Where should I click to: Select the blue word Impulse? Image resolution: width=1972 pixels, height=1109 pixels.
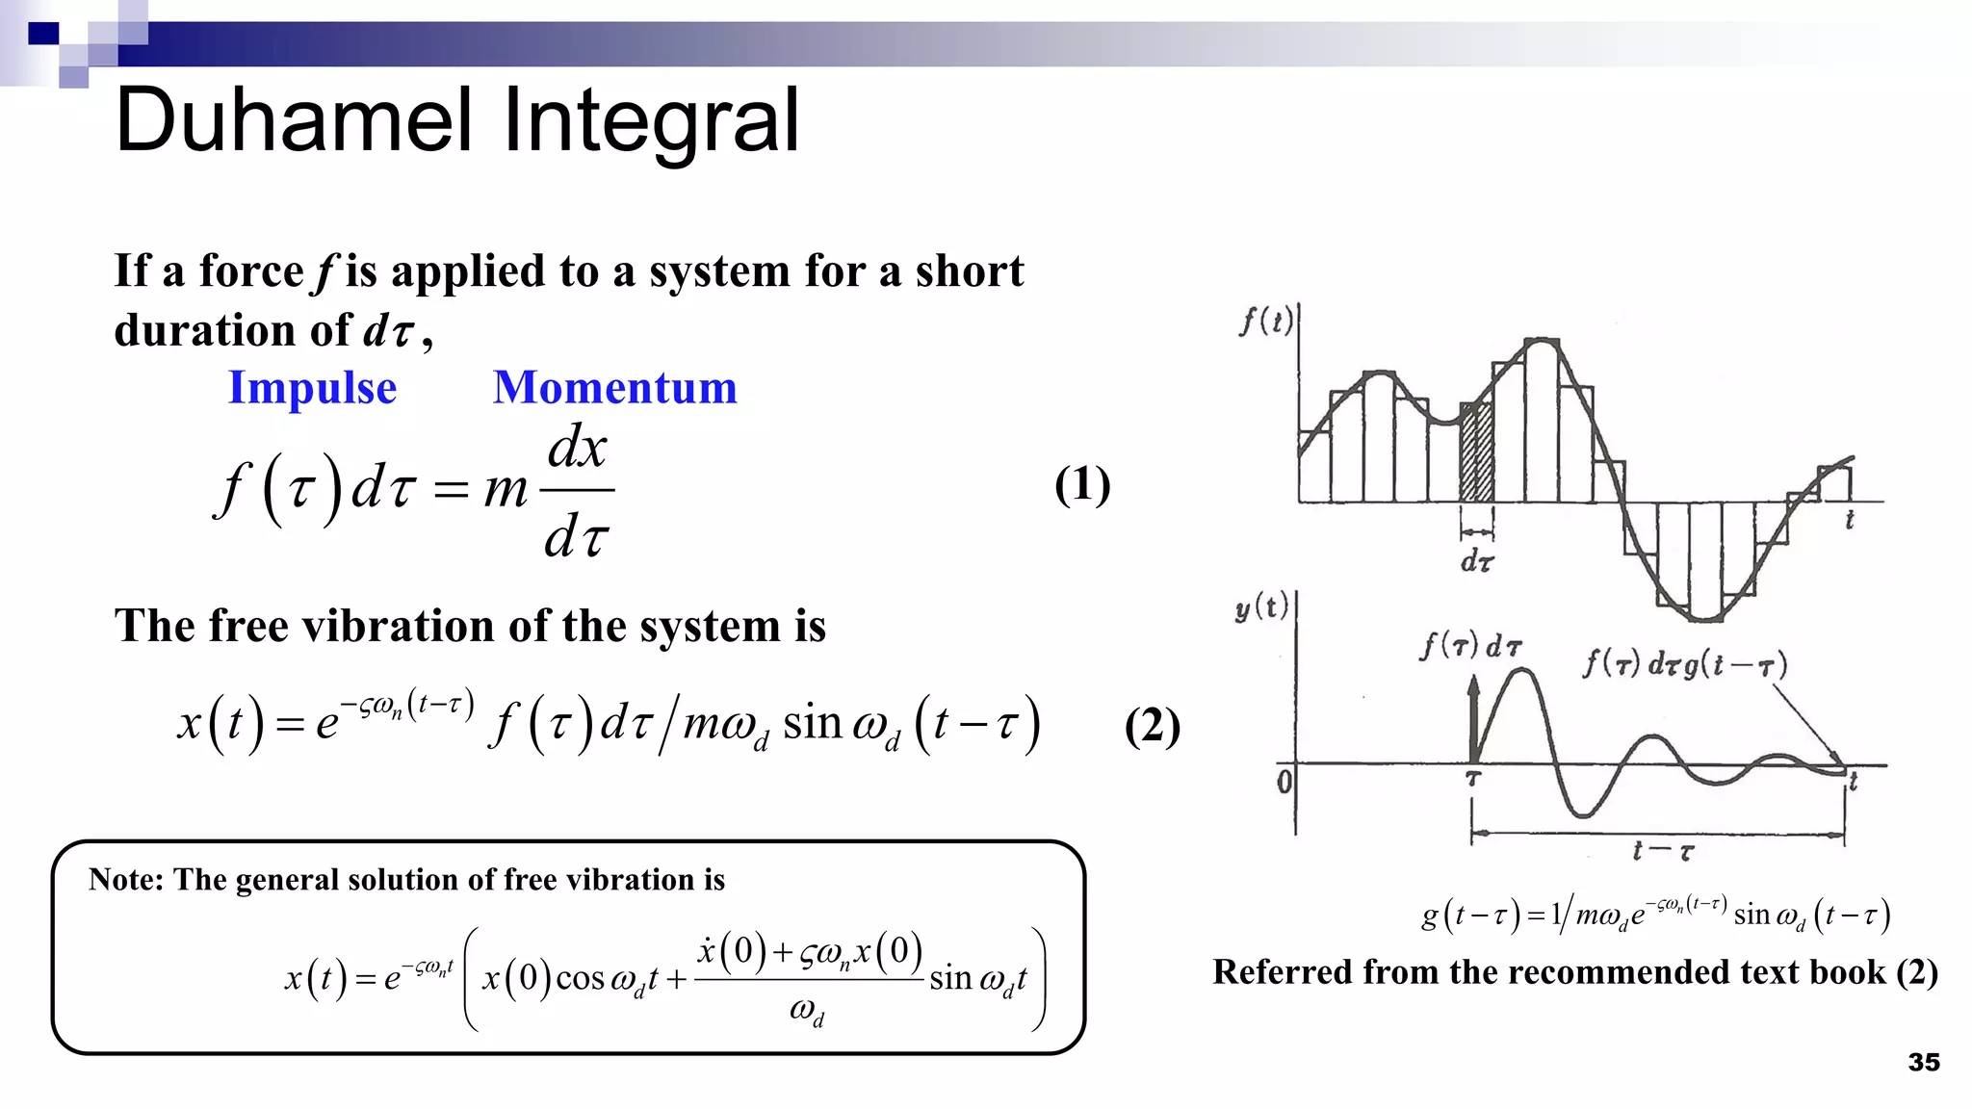coord(312,388)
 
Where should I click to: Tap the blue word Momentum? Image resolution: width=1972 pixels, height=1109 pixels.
coord(614,388)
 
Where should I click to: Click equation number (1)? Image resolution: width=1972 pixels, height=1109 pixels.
coord(1081,484)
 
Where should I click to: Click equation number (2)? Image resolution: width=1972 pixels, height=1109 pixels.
coord(1152,726)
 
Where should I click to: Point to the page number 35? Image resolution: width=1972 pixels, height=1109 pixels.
coord(1923,1062)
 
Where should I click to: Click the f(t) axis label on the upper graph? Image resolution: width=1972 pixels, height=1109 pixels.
coord(1265,321)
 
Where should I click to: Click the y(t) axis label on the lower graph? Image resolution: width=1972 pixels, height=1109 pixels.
coord(1261,607)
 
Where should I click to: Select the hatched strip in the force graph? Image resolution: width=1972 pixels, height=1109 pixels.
coord(1477,452)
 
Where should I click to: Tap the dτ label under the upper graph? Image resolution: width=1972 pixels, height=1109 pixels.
coord(1477,561)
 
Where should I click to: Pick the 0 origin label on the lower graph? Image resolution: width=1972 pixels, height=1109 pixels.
coord(1284,781)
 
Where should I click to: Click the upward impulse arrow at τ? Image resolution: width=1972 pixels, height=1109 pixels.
coord(1472,717)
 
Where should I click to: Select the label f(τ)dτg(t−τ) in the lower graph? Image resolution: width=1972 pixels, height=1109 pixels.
coord(1685,664)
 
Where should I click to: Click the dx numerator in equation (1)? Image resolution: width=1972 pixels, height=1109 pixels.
coord(577,449)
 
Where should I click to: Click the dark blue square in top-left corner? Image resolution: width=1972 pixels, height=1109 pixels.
coord(43,34)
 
